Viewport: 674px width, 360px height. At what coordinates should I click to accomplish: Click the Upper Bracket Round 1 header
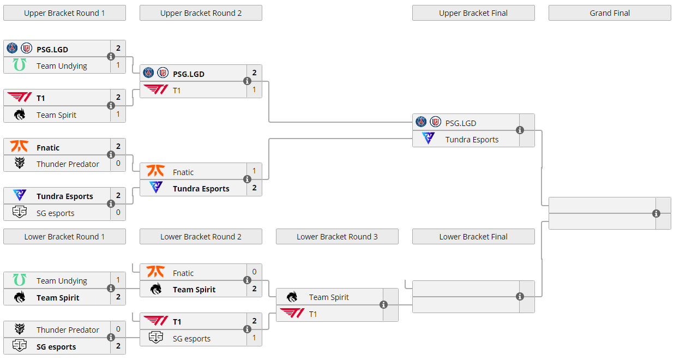point(64,13)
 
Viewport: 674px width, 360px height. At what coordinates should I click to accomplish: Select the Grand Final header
point(610,13)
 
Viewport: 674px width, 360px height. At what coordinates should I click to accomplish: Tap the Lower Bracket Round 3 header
point(337,237)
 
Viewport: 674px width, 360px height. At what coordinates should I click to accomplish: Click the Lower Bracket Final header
point(473,237)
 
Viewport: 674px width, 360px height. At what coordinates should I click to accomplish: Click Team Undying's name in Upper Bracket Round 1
point(62,66)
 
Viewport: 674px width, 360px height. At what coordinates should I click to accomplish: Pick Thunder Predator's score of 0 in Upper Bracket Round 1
point(118,163)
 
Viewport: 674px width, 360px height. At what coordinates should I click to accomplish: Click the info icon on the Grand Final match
point(656,213)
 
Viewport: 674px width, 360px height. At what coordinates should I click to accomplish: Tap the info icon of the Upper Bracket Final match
point(520,130)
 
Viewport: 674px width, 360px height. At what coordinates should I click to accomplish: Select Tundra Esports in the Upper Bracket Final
point(472,140)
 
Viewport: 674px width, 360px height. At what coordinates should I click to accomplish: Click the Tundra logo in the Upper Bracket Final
point(429,139)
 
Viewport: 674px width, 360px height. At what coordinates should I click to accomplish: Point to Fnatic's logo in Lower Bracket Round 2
point(156,272)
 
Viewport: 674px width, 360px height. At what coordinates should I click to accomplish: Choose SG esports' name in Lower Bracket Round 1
point(56,347)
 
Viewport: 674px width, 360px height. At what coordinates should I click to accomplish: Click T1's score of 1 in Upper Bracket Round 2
point(254,89)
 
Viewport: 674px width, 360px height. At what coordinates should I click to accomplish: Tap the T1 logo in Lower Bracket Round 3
point(292,313)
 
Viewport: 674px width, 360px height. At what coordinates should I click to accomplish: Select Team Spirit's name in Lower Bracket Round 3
point(329,297)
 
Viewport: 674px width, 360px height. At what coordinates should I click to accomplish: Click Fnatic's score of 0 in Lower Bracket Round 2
point(254,272)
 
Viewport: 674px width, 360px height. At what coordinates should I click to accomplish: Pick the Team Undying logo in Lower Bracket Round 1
point(20,280)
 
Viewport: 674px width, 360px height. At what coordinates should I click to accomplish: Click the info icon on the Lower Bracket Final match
point(520,296)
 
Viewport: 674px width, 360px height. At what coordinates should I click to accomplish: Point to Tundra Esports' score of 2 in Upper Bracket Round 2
point(254,188)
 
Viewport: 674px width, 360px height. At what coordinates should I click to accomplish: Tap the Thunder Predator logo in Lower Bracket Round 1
point(20,329)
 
